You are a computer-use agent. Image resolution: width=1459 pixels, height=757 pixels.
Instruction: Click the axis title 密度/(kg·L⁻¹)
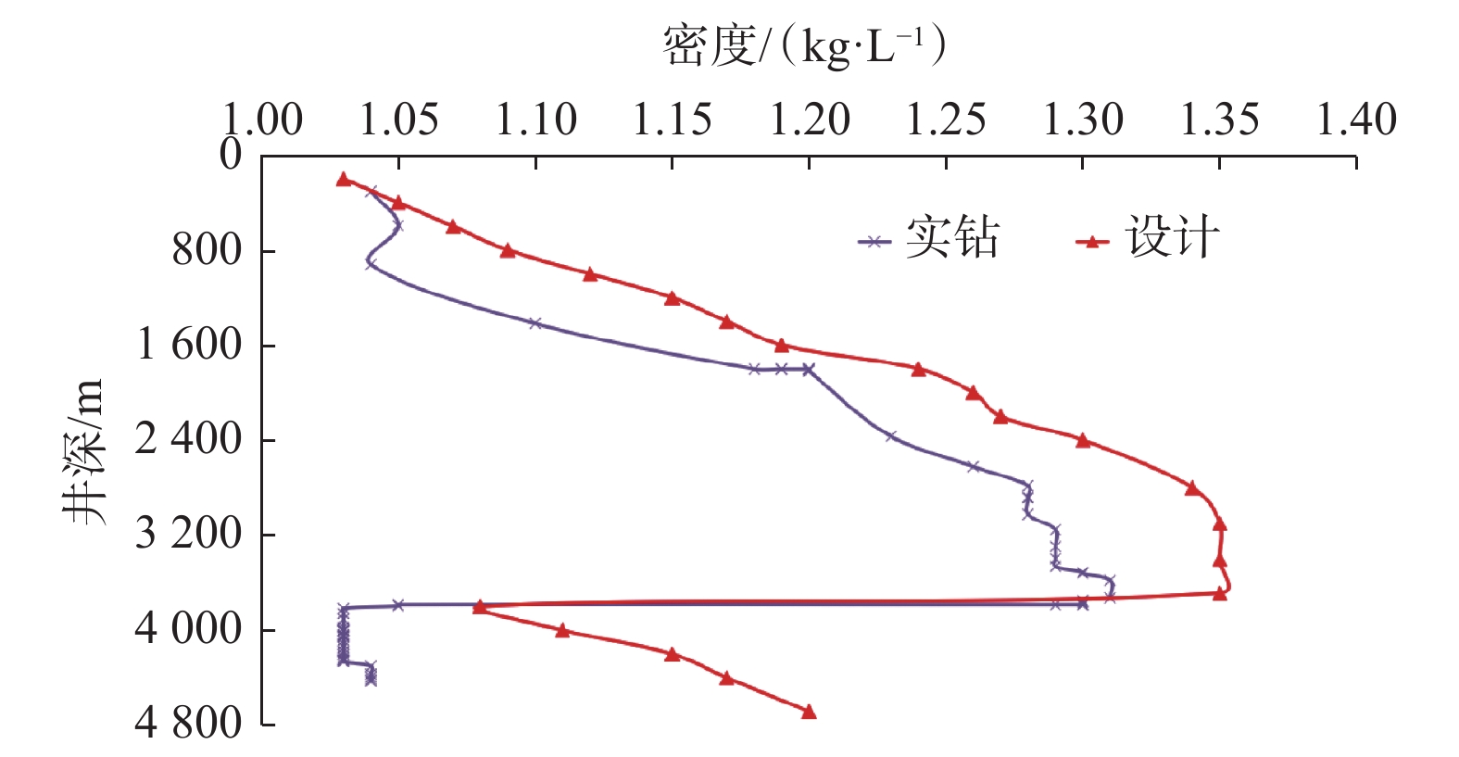click(x=804, y=46)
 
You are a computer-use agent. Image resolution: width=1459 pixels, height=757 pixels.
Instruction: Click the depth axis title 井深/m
click(x=83, y=451)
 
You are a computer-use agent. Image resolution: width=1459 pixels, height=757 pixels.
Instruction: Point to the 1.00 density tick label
click(x=262, y=120)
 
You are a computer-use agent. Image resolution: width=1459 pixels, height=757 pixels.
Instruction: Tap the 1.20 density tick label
click(x=810, y=120)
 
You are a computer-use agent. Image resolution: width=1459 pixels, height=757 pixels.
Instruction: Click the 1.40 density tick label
click(x=1356, y=120)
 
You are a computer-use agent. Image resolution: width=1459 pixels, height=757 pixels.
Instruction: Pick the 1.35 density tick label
click(x=1219, y=120)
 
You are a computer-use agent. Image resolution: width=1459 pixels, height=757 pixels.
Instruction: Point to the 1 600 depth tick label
click(x=189, y=345)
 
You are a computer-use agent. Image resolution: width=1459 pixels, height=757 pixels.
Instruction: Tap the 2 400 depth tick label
click(x=189, y=439)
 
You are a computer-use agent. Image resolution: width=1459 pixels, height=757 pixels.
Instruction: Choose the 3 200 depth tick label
click(x=189, y=534)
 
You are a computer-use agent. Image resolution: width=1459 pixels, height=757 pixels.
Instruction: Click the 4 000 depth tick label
click(x=189, y=629)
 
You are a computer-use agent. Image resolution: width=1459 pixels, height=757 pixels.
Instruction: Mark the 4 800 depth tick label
click(x=189, y=724)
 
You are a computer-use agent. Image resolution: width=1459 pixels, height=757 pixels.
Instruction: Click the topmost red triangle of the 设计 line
click(x=344, y=179)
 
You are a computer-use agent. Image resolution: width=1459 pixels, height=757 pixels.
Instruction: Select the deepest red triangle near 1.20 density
click(x=809, y=712)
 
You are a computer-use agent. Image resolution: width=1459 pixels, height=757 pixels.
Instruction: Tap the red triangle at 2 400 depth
click(x=1083, y=440)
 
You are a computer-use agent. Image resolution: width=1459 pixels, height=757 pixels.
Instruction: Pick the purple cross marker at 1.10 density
click(x=535, y=323)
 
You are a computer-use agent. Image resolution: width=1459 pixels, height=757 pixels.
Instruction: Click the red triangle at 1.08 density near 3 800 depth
click(x=480, y=607)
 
